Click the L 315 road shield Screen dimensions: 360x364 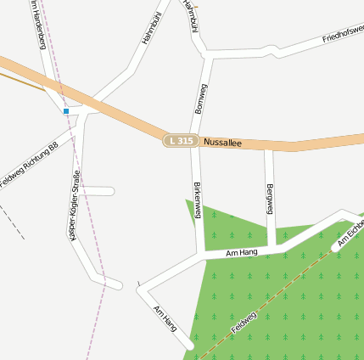coord(181,140)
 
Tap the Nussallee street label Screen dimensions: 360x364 coord(223,143)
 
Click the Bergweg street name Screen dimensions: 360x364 coord(270,199)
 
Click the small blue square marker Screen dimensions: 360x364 coord(65,110)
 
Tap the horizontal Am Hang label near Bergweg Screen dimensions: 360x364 coord(242,252)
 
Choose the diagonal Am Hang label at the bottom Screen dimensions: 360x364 coord(165,318)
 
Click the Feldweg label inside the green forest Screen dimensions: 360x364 coord(244,322)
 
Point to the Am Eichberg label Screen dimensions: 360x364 coord(350,233)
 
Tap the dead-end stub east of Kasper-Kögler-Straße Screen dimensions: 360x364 coord(111,191)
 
